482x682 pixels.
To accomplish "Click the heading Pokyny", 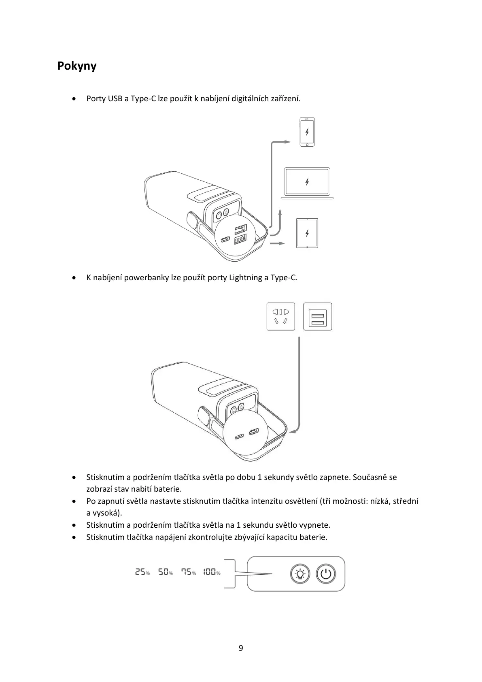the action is [x=77, y=66].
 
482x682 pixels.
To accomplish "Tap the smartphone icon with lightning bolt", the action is [x=307, y=132].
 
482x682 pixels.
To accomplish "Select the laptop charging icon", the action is [x=307, y=183].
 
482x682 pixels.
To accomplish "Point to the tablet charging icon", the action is [x=307, y=233].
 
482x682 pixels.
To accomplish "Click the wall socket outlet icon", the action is [x=280, y=316].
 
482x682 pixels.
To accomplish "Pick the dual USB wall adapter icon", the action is [x=318, y=316].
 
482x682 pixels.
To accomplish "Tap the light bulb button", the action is [x=300, y=574].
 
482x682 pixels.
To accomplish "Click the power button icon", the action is [x=326, y=574].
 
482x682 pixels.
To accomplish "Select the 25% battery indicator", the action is [x=142, y=572].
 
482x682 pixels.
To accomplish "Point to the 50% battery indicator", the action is [x=165, y=572].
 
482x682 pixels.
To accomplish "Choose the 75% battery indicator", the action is [x=188, y=572].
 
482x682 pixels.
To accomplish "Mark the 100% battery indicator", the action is [x=212, y=572].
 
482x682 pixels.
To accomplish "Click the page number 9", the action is [x=241, y=648].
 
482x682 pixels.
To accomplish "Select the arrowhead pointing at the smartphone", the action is [x=287, y=142].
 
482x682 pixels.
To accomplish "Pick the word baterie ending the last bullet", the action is [x=313, y=537].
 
